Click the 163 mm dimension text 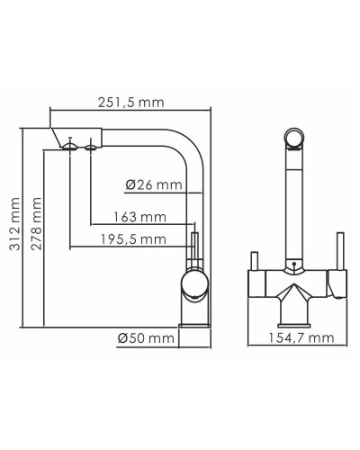click(x=140, y=217)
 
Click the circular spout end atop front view click(x=292, y=137)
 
